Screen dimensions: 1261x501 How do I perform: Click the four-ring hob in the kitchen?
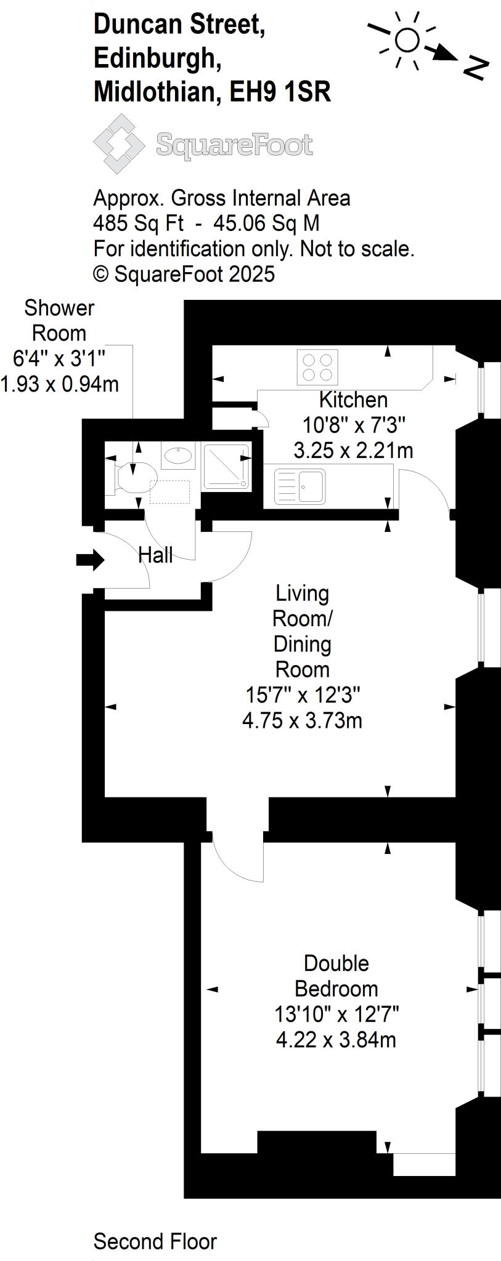(x=317, y=367)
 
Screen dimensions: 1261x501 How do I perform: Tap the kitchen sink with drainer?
(x=299, y=486)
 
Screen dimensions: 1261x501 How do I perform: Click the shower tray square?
(x=226, y=467)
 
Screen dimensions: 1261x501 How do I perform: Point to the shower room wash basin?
(x=179, y=456)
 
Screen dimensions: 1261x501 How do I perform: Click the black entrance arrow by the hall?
(x=90, y=560)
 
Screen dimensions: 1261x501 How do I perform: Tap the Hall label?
(x=155, y=555)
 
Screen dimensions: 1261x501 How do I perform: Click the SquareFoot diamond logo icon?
(x=118, y=144)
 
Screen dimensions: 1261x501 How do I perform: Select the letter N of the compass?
(x=475, y=68)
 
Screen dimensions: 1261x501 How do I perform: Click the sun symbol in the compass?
(x=407, y=41)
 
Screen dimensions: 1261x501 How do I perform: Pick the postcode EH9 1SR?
(x=280, y=92)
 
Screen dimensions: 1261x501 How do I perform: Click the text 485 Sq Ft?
(x=138, y=223)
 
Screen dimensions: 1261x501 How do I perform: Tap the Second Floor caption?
(x=155, y=1241)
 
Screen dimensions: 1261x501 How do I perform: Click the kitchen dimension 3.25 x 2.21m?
(x=353, y=450)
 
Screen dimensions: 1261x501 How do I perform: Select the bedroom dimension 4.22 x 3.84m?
(x=336, y=1039)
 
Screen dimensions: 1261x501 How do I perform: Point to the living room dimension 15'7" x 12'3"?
(x=303, y=695)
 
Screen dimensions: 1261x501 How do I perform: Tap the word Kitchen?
(x=353, y=400)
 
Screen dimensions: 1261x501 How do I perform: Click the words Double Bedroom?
(x=336, y=975)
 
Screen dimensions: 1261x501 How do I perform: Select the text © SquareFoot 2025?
(x=184, y=274)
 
